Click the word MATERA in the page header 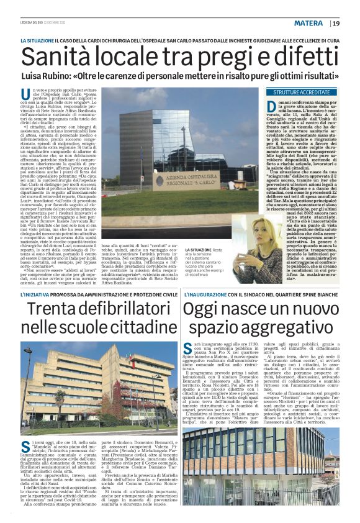pyautogui.click(x=308, y=23)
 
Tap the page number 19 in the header pyautogui.click(x=336, y=23)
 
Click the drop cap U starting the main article pyautogui.click(x=25, y=93)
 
